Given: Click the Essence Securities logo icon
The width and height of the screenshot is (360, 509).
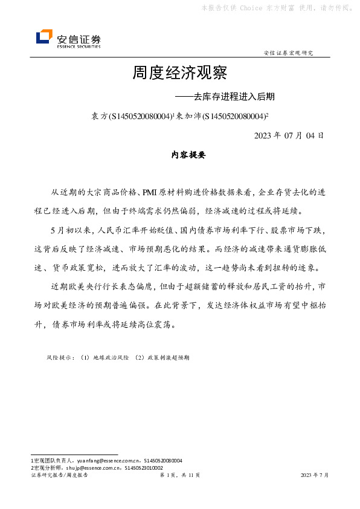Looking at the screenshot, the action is tap(44, 37).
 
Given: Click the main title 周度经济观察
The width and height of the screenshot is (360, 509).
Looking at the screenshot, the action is tap(179, 73).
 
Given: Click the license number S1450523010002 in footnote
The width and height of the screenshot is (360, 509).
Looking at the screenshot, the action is tap(144, 467).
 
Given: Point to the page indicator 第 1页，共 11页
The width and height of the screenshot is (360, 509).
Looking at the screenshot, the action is tap(180, 475).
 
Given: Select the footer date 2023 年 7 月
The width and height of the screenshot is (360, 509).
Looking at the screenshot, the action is tap(315, 475).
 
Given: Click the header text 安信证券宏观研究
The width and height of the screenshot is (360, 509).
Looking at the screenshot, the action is tap(289, 53).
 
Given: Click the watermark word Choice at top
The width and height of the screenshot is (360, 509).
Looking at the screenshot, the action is tap(251, 8).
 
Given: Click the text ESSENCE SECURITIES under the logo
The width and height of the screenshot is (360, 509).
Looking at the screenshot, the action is tap(79, 46).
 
